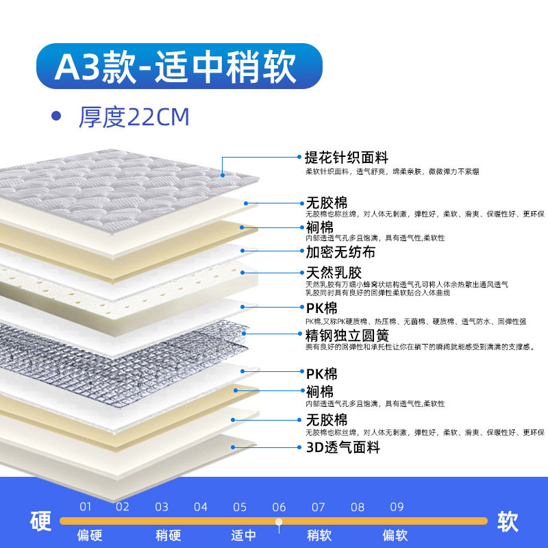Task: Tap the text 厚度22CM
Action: pyautogui.click(x=134, y=117)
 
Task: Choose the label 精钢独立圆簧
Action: pyautogui.click(x=347, y=336)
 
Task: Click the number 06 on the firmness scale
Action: pyautogui.click(x=279, y=508)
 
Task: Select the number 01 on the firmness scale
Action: pyautogui.click(x=85, y=508)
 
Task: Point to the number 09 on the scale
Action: pyautogui.click(x=397, y=508)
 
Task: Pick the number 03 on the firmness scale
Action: pyautogui.click(x=162, y=508)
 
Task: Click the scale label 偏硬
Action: pyautogui.click(x=90, y=535)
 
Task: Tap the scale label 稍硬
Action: pyautogui.click(x=167, y=535)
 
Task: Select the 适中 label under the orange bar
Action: pyautogui.click(x=243, y=535)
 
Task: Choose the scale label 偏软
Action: pyautogui.click(x=395, y=535)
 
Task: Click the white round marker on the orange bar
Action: pyautogui.click(x=279, y=522)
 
